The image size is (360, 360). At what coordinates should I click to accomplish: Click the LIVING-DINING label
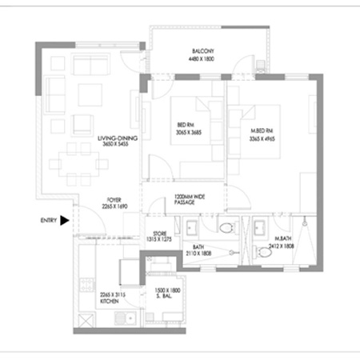115,138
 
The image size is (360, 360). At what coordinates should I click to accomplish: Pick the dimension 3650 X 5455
115,145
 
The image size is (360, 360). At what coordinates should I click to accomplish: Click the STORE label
159,233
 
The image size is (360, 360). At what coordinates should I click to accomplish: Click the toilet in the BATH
228,228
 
